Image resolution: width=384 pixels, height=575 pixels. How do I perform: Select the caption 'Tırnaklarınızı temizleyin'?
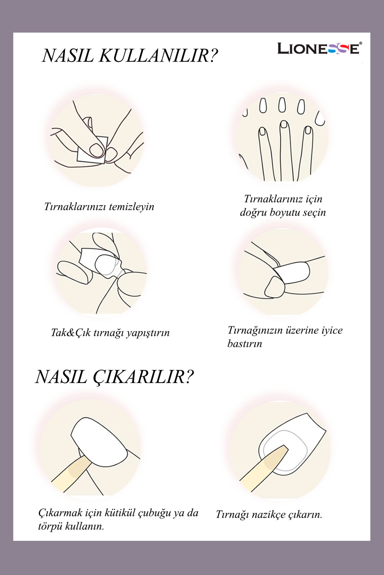pyautogui.click(x=99, y=207)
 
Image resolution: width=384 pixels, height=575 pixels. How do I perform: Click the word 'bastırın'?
pyautogui.click(x=245, y=344)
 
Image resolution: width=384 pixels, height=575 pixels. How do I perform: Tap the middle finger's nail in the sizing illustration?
pyautogui.click(x=284, y=124)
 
